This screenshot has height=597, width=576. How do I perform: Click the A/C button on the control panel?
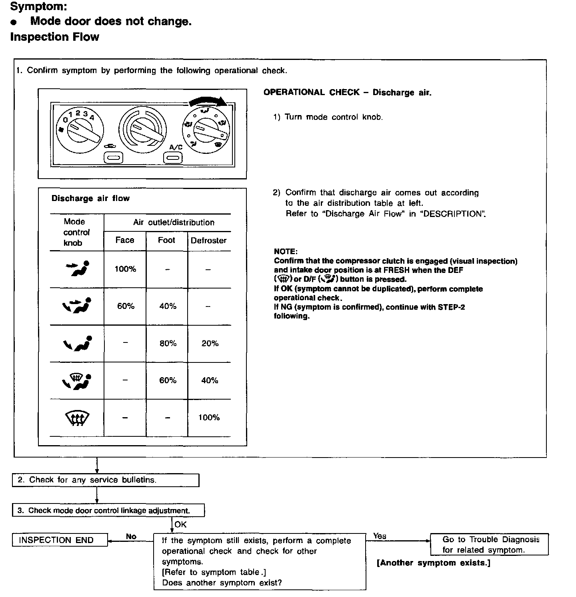[x=172, y=158]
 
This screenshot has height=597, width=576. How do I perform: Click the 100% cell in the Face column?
[x=125, y=269]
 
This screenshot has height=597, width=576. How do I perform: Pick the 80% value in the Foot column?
[x=168, y=343]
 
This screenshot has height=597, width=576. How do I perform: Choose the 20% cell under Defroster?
[x=210, y=343]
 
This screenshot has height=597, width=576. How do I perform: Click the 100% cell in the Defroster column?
[x=209, y=418]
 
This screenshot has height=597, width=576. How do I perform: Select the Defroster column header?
[x=208, y=241]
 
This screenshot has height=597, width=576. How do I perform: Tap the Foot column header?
[x=166, y=240]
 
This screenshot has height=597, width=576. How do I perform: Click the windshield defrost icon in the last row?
[x=77, y=418]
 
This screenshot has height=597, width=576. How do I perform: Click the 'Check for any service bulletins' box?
[x=106, y=480]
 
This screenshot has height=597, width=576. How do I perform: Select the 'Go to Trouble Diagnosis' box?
[x=489, y=544]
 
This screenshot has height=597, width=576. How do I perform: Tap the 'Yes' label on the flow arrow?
[x=380, y=536]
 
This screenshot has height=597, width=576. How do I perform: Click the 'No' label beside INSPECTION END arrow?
[x=131, y=536]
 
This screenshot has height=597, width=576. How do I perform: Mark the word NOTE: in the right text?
[x=286, y=251]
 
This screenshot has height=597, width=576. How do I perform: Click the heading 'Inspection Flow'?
[x=55, y=37]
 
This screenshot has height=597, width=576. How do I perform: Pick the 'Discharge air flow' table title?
[x=90, y=198]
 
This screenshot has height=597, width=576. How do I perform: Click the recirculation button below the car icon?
[x=113, y=158]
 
